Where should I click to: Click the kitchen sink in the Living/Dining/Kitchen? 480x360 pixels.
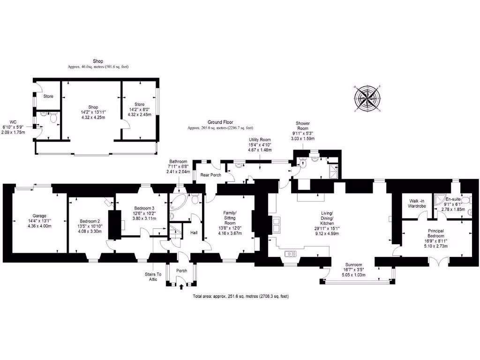(291, 254)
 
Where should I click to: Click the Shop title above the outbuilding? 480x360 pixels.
(97, 61)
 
